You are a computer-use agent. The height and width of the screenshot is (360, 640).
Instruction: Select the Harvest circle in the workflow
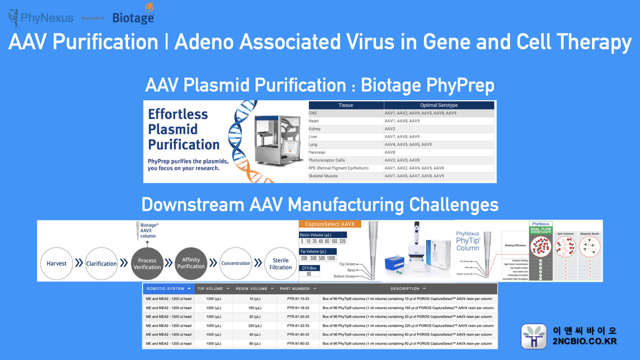(x=57, y=263)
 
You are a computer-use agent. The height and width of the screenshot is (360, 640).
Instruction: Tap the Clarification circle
(x=101, y=263)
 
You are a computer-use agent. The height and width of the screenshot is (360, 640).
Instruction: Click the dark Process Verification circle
(x=147, y=263)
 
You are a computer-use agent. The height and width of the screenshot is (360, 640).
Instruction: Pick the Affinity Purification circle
(x=191, y=262)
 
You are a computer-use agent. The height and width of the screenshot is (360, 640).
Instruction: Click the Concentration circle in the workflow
(x=236, y=263)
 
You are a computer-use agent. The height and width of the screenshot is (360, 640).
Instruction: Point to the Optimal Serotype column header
(x=438, y=105)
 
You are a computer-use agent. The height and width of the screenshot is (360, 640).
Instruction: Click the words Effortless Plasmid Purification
(x=183, y=129)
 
